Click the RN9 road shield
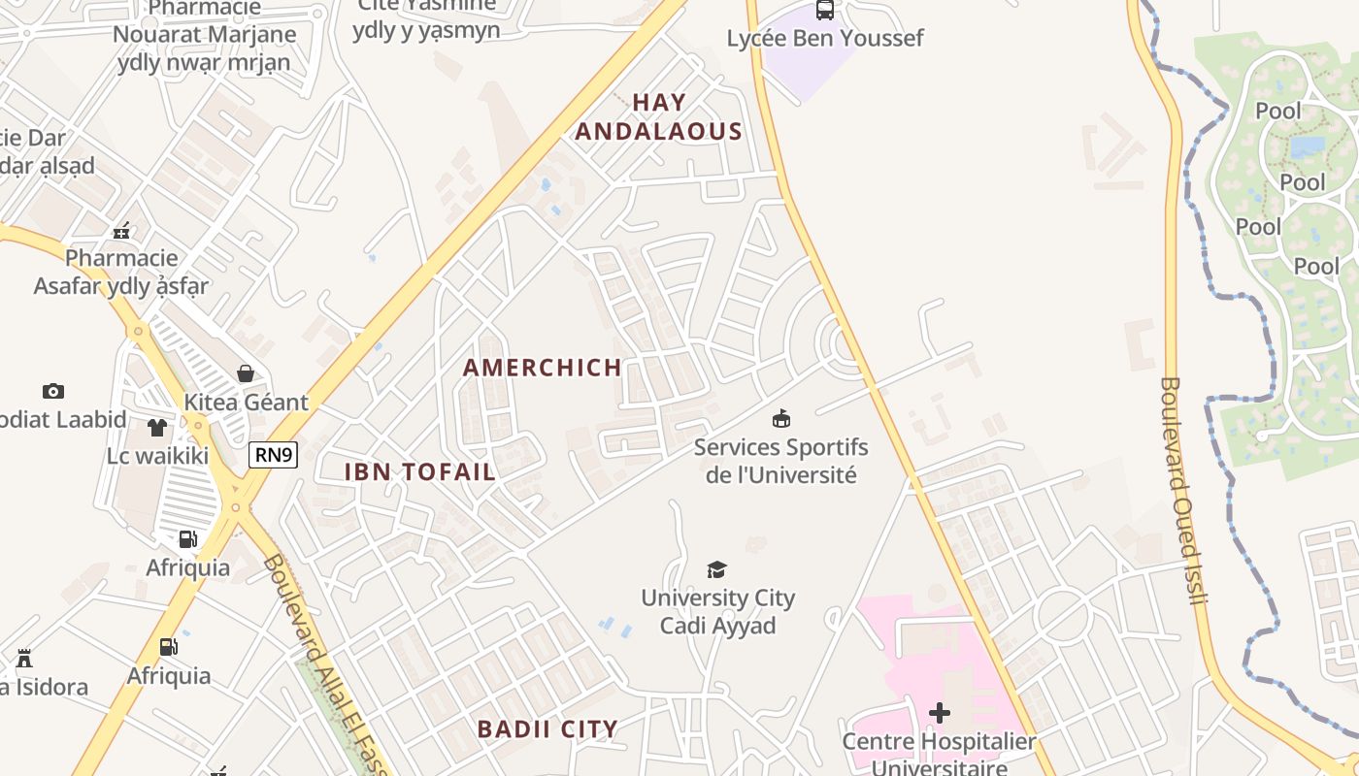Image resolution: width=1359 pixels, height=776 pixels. tap(273, 454)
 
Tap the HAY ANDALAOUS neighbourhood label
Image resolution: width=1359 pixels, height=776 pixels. tap(659, 116)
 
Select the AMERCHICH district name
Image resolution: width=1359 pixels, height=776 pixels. tap(542, 368)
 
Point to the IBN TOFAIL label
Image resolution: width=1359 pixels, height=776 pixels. tap(420, 472)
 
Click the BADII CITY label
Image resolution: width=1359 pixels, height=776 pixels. tap(547, 728)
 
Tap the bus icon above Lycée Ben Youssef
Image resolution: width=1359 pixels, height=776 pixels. tap(825, 11)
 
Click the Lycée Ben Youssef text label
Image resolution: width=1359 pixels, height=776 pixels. tap(825, 39)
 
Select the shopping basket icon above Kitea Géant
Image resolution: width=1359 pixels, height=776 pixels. tap(246, 373)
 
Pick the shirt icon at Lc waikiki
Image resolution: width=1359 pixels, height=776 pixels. tap(157, 427)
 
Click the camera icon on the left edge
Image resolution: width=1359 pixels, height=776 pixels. tap(53, 391)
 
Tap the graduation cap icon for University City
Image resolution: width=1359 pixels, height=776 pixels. tap(716, 569)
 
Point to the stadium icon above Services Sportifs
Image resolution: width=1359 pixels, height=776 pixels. tap(780, 419)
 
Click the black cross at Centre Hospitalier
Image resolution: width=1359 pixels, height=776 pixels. tap(939, 713)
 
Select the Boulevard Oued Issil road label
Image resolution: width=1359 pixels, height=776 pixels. tap(1182, 490)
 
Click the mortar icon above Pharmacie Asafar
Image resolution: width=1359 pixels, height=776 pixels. tap(121, 231)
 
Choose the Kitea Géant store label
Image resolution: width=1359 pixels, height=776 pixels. tap(247, 403)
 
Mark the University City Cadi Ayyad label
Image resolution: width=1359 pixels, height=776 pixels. tap(717, 612)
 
